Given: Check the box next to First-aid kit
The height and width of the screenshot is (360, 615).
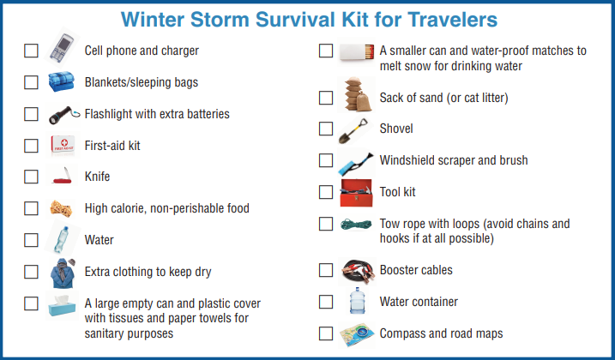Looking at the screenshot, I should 32,146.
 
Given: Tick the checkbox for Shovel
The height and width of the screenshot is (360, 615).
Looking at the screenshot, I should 326,129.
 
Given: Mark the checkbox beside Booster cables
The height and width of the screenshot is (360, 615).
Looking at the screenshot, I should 326,270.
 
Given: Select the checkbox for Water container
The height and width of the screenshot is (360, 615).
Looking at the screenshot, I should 326,302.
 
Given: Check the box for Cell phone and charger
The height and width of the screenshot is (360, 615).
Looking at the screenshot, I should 32,51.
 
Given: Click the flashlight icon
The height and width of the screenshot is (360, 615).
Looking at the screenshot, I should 62,114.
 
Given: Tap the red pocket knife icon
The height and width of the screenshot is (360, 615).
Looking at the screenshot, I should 62,177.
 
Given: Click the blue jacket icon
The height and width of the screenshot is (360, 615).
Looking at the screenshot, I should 62,273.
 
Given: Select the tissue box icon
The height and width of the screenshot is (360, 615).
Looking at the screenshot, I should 62,305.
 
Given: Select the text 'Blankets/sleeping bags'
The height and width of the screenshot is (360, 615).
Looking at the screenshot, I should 142,82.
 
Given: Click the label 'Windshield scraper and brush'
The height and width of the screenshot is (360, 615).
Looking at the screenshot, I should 454,160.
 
